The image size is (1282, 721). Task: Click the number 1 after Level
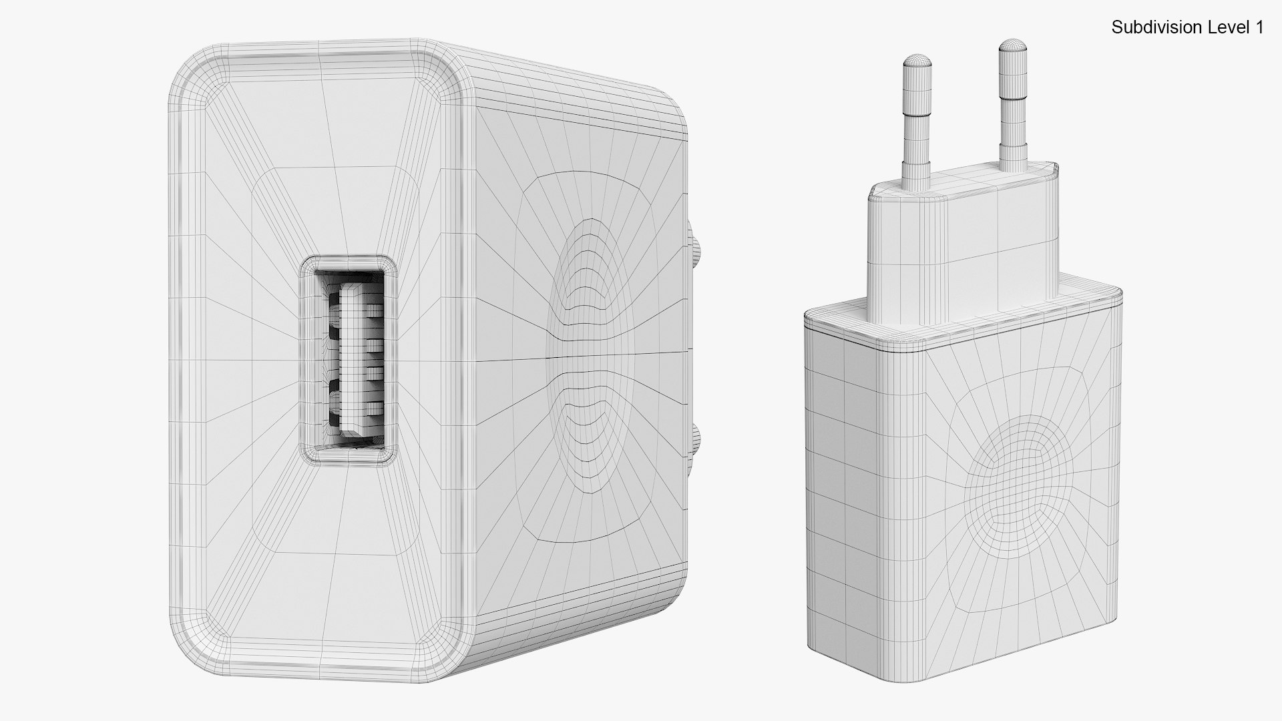pyautogui.click(x=1259, y=27)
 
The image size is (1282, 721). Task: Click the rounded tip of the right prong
pyautogui.click(x=1012, y=45)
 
